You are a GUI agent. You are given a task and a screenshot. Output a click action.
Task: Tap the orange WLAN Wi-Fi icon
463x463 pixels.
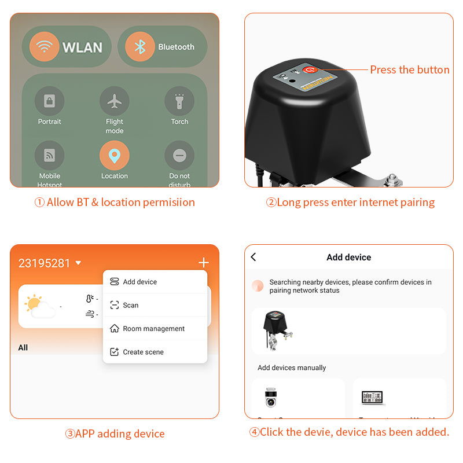[44, 47]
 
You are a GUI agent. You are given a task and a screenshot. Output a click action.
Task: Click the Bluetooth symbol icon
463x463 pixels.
[140, 47]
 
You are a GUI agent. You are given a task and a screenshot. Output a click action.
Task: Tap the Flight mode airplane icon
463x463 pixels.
[115, 101]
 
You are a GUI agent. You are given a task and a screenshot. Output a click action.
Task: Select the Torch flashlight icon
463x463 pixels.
[179, 101]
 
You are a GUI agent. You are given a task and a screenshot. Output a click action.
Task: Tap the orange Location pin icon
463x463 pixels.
[115, 156]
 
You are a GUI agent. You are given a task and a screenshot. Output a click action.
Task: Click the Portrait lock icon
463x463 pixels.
[50, 101]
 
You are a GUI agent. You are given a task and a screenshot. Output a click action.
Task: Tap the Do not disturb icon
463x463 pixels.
[179, 156]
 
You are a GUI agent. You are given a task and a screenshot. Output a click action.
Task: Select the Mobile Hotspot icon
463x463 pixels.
[50, 156]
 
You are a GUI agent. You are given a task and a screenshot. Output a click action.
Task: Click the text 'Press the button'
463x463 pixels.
[409, 70]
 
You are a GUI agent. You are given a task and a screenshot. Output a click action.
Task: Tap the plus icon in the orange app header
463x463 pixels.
[203, 263]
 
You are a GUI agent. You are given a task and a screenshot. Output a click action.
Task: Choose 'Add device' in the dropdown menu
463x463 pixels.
[139, 282]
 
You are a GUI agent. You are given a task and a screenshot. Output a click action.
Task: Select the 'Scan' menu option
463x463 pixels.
[130, 305]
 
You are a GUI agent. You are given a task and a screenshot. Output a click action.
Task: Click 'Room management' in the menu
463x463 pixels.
[153, 329]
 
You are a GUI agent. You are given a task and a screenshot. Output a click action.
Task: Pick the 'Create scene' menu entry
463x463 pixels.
[143, 352]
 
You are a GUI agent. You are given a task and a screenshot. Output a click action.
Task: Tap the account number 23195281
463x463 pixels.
[45, 263]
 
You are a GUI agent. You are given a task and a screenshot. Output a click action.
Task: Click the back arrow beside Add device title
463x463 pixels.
[253, 257]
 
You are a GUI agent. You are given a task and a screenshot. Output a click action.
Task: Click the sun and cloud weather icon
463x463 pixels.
[40, 306]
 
